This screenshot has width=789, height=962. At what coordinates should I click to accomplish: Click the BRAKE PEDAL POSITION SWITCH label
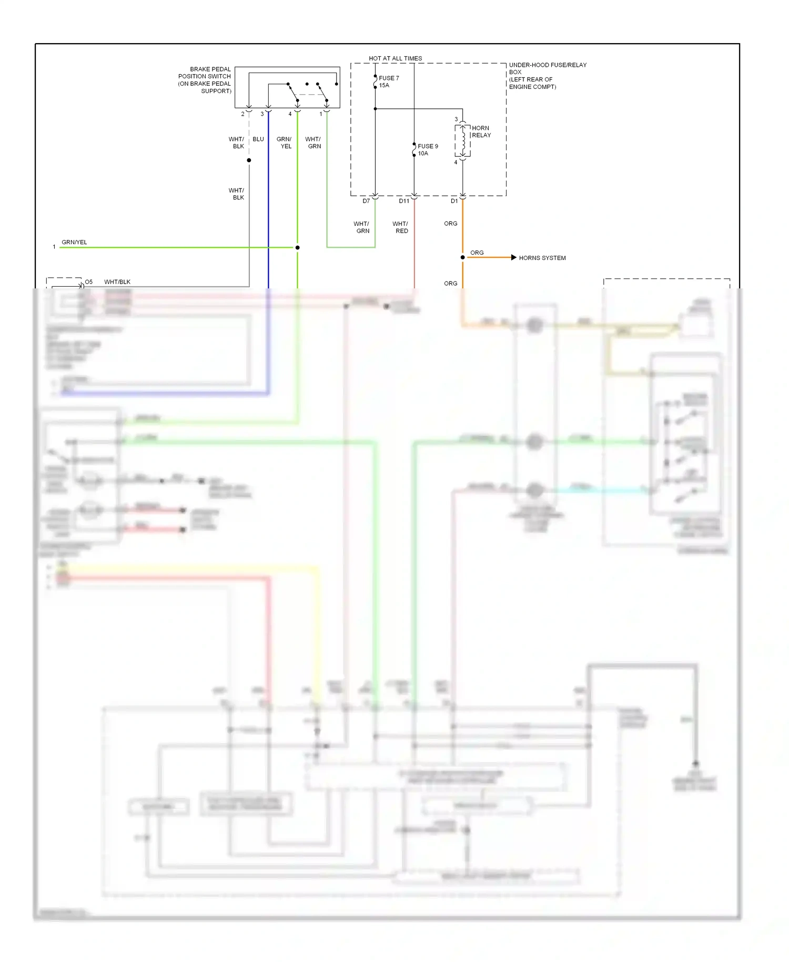[x=205, y=80]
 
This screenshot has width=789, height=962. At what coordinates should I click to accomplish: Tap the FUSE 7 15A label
[x=389, y=82]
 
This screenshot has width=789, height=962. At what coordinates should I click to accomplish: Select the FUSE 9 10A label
[x=428, y=150]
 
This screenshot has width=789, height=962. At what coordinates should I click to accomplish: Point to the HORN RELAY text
[x=481, y=132]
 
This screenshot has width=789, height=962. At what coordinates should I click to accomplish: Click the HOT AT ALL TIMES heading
[x=395, y=58]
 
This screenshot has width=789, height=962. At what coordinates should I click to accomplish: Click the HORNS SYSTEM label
[x=542, y=258]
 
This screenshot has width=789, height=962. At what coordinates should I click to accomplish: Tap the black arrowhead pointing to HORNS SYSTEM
[x=513, y=257]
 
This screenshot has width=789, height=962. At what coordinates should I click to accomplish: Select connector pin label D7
[x=366, y=201]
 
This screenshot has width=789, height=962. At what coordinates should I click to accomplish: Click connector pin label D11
[x=403, y=201]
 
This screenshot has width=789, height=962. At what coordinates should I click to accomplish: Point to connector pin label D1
[x=454, y=201]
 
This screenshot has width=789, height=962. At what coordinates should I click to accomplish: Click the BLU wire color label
[x=258, y=139]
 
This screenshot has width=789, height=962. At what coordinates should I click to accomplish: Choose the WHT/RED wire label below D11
[x=400, y=227]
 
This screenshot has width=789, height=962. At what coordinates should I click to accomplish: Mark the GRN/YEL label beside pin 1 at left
[x=74, y=242]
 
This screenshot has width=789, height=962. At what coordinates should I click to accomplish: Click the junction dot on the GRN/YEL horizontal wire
[x=297, y=247]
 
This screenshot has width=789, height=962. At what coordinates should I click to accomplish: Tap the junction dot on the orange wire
[x=462, y=257]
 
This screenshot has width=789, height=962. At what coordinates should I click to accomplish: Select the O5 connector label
[x=89, y=282]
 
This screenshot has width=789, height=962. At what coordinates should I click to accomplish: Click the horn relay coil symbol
[x=463, y=141]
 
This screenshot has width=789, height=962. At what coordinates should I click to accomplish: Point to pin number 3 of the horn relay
[x=456, y=119]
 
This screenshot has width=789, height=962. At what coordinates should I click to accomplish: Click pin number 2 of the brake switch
[x=242, y=114]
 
